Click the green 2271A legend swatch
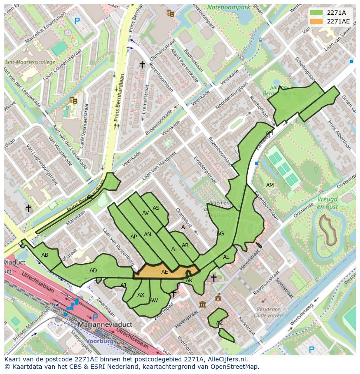[316, 12]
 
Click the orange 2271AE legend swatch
[316, 21]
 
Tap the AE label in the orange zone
[165, 272]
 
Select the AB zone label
[45, 255]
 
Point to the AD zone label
[93, 271]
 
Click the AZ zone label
[220, 323]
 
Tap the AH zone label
[269, 133]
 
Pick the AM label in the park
[270, 185]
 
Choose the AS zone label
[156, 208]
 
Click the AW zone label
[153, 301]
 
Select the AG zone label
[220, 234]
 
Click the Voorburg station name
[100, 341]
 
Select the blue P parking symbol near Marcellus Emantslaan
[77, 20]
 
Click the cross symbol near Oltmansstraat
[142, 64]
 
